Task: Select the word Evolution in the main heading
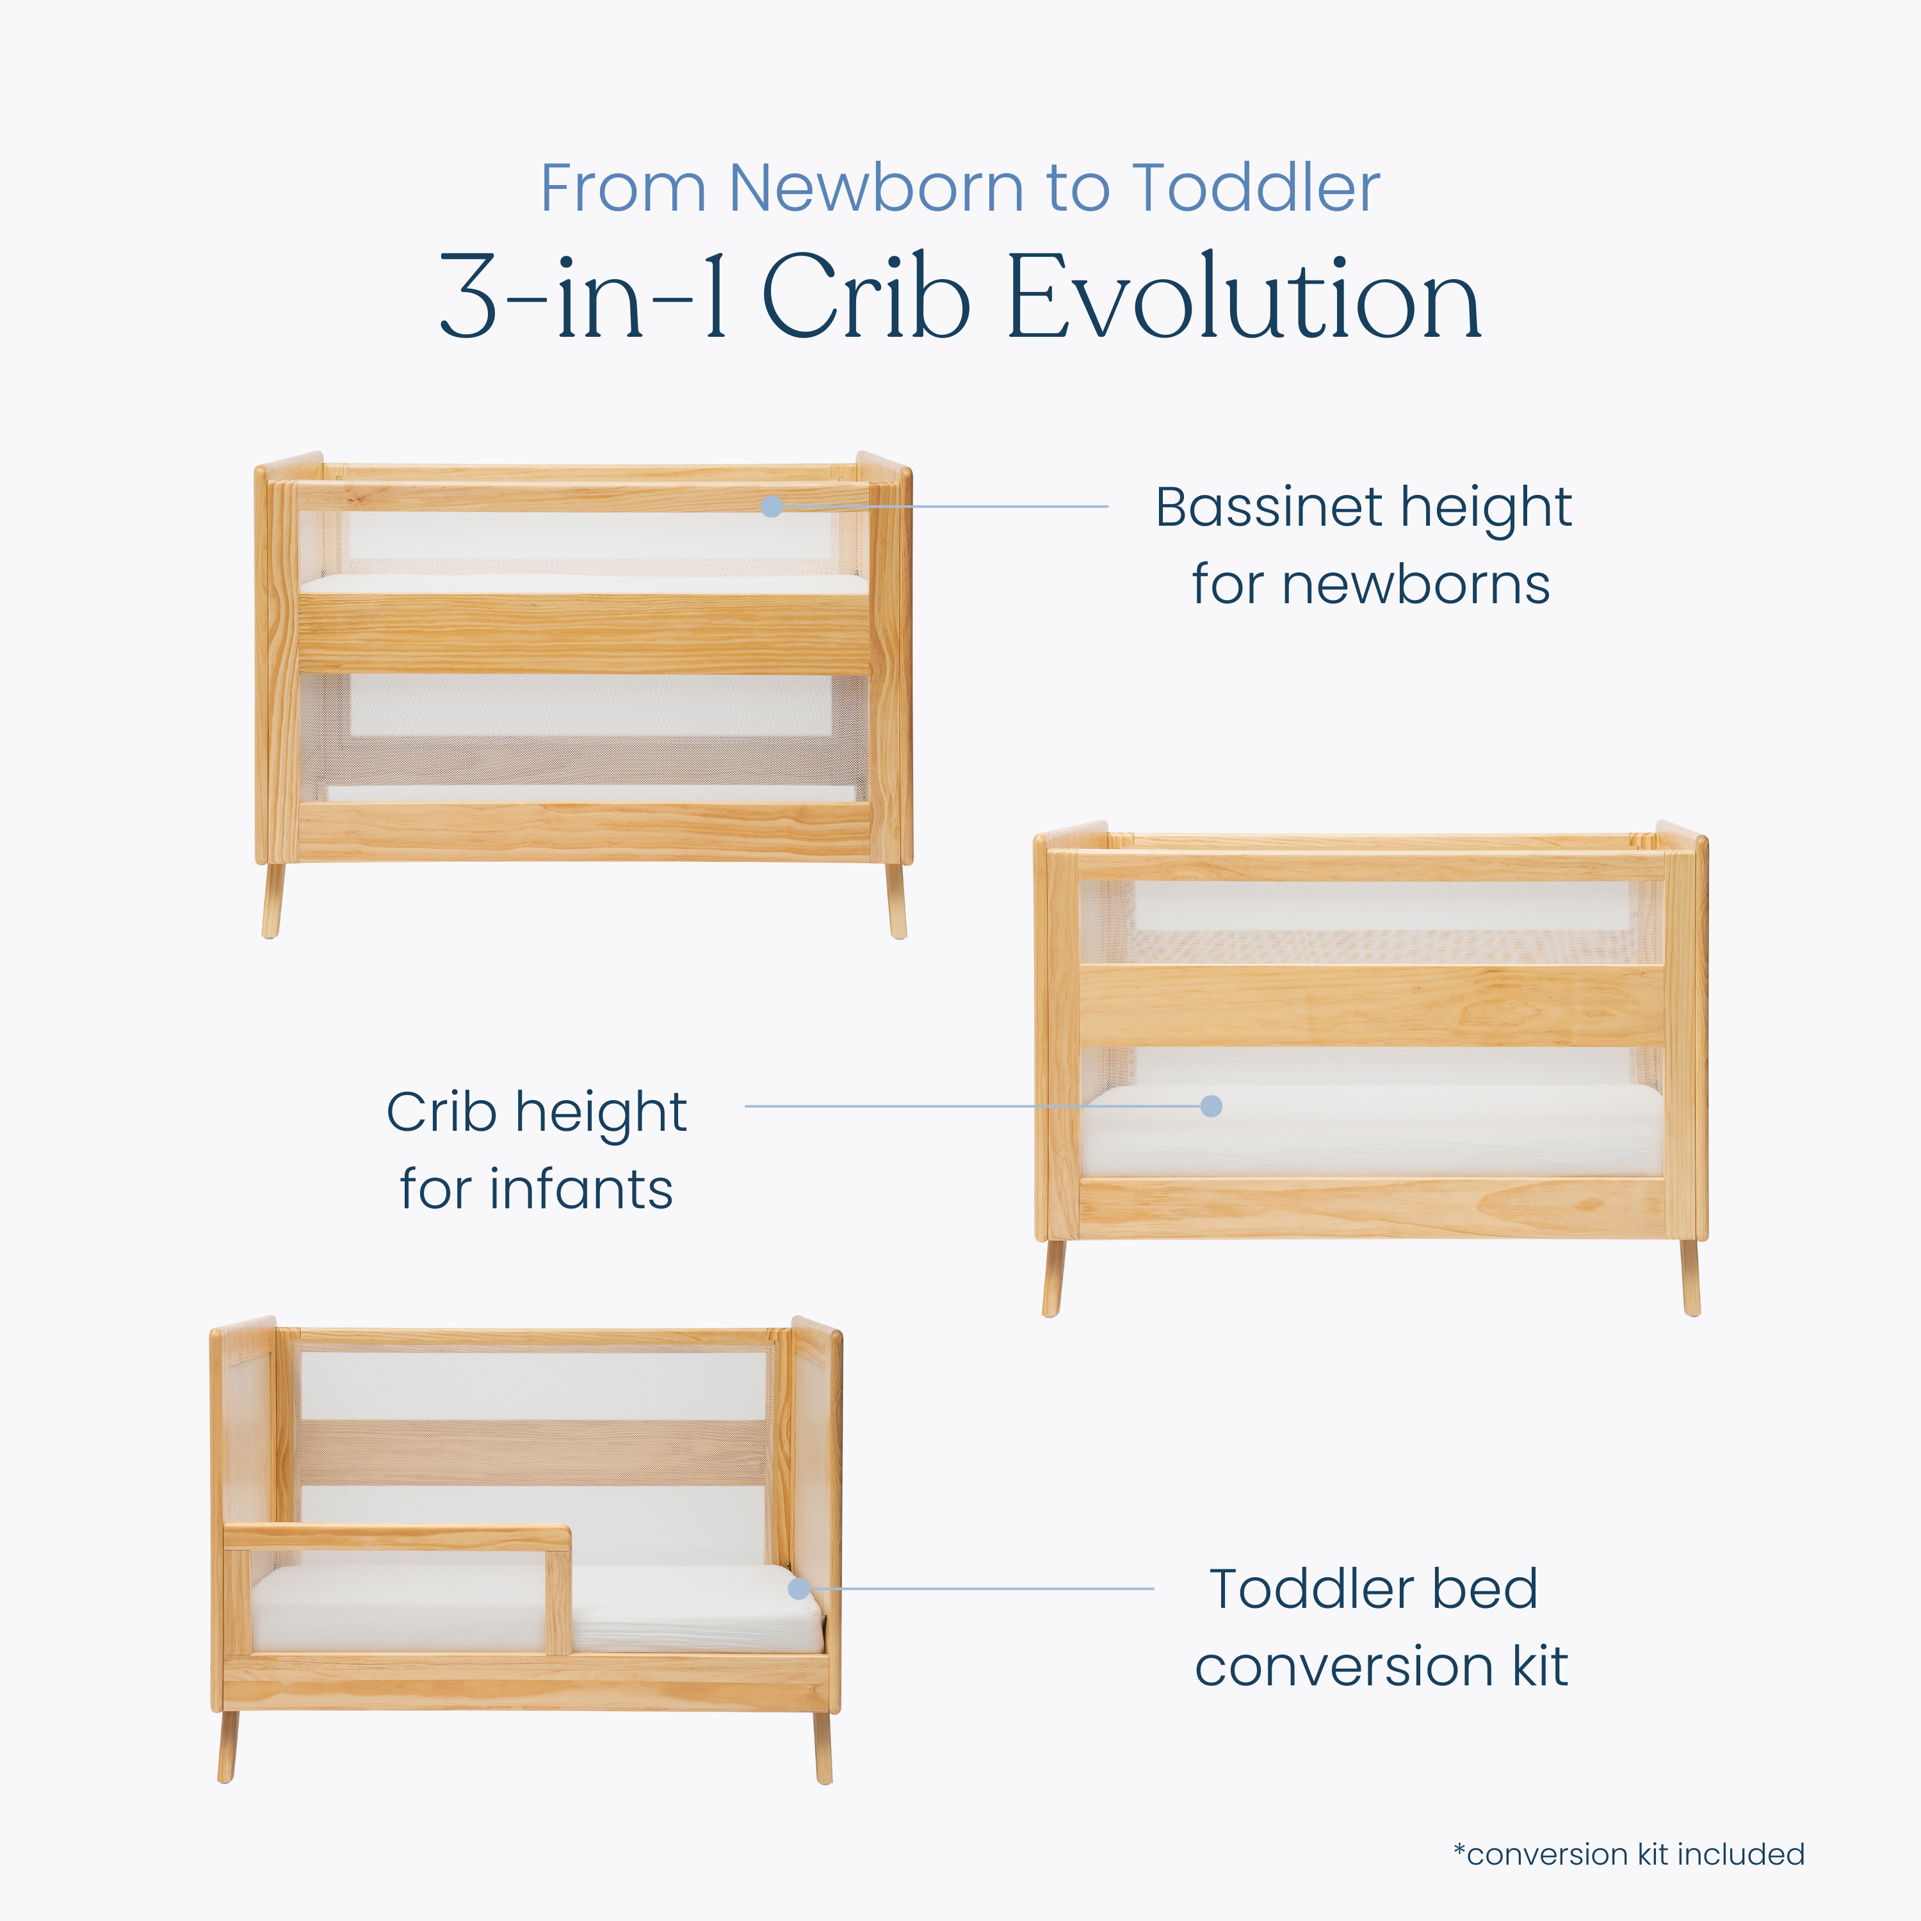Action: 1244,296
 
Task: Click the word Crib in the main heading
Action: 866,296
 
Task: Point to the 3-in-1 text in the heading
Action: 583,296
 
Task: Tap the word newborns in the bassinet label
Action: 1371,585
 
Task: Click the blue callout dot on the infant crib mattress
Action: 1211,1106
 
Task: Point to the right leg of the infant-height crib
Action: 1691,1277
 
